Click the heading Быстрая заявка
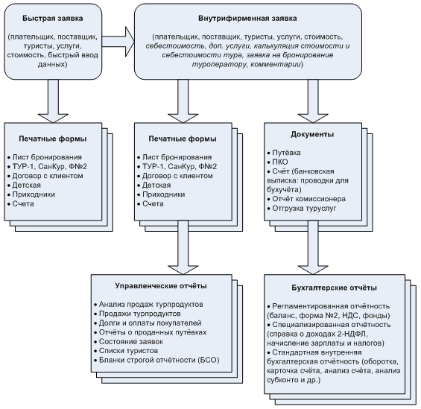tap(53, 19)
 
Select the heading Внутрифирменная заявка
tap(247, 19)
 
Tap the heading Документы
tap(312, 134)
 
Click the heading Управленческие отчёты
tap(161, 286)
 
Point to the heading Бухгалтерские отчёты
tap(335, 288)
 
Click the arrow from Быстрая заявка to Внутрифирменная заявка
tap(118, 42)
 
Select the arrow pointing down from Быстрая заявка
tap(53, 101)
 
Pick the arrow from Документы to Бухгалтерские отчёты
tap(313, 247)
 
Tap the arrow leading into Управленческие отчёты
tap(183, 247)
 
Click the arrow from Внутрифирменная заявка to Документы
tap(313, 101)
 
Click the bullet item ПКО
tap(278, 162)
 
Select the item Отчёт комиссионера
tap(306, 199)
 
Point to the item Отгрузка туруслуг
tap(302, 209)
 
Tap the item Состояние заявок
tap(129, 342)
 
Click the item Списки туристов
tap(126, 351)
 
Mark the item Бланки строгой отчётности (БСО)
tap(156, 360)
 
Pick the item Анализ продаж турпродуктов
tap(148, 305)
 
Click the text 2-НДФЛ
tap(352, 334)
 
